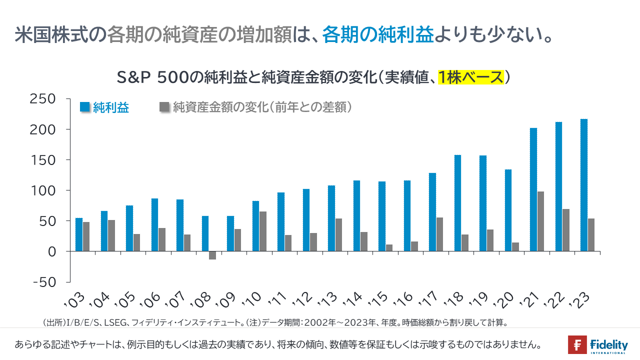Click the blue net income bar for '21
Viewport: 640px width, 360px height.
(x=533, y=189)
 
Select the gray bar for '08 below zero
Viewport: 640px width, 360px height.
(x=212, y=255)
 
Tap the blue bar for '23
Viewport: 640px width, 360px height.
(x=584, y=185)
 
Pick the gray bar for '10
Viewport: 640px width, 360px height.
(x=263, y=231)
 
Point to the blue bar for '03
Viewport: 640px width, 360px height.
(x=79, y=234)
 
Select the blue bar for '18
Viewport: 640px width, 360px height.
(x=457, y=203)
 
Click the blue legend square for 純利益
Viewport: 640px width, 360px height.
(x=85, y=107)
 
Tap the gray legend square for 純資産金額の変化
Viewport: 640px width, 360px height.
(x=164, y=107)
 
